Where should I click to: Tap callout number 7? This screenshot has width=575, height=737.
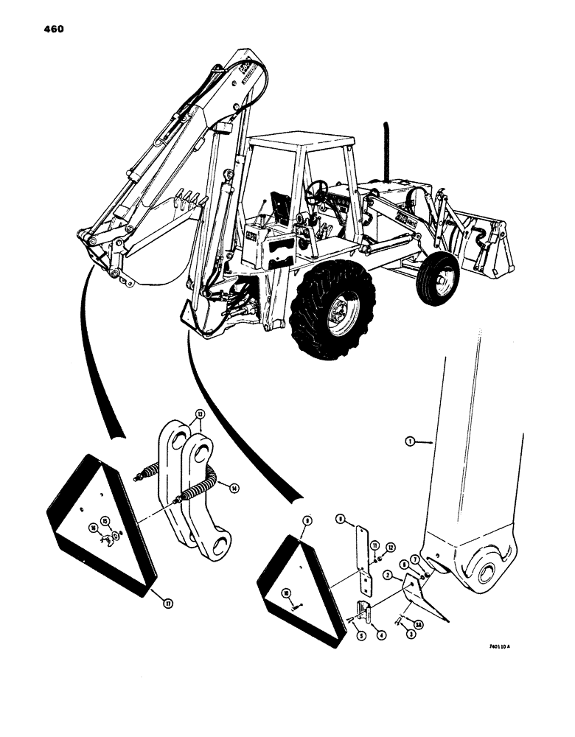pos(416,561)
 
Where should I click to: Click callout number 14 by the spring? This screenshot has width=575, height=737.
pos(234,487)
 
